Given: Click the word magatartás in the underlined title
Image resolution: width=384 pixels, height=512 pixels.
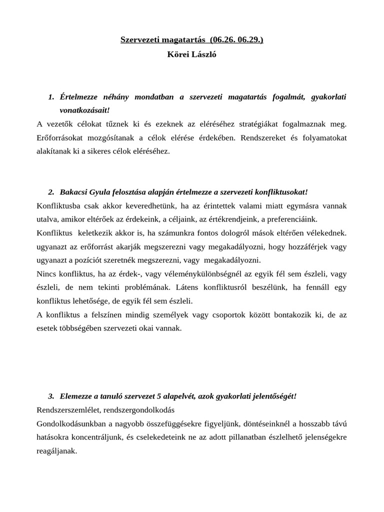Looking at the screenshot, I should tap(185, 39).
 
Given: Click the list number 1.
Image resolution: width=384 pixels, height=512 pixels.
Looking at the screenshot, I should tap(51, 96).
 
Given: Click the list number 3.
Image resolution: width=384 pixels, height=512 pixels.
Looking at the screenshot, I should tap(51, 396).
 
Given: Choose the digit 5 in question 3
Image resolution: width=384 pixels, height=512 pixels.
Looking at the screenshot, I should tap(158, 396).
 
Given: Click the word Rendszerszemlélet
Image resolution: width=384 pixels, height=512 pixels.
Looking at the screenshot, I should tap(67, 410).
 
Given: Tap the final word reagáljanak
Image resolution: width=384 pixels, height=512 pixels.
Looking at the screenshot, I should tap(56, 451).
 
